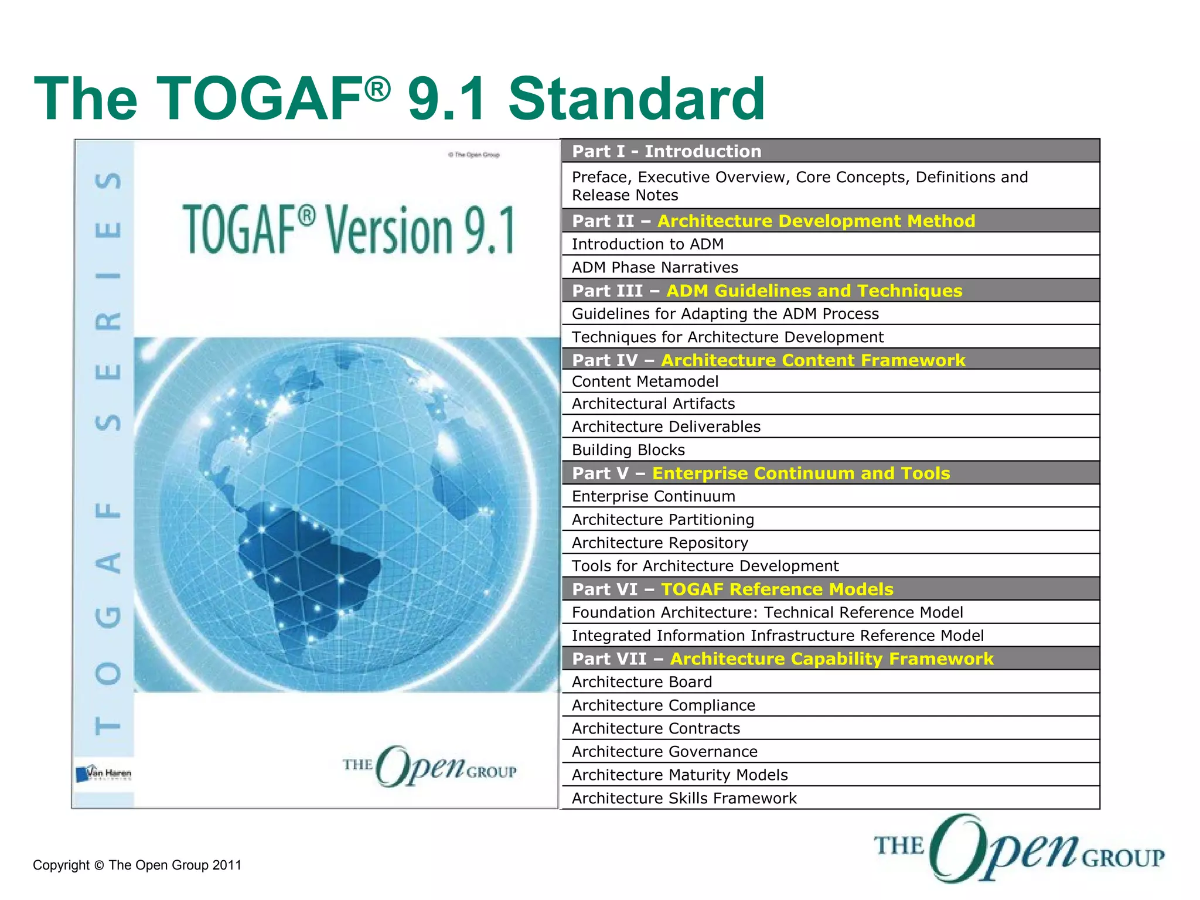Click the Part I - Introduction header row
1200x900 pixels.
tap(667, 151)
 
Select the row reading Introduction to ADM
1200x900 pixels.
tap(647, 244)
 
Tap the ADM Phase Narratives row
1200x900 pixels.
tap(654, 268)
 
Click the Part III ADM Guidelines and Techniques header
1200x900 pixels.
tap(766, 291)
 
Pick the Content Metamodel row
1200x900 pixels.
tap(645, 381)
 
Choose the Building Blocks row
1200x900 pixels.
tap(628, 450)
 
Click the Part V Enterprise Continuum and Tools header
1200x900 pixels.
tap(761, 473)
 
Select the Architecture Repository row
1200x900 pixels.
tap(660, 543)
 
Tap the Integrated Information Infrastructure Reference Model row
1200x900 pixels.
tap(778, 636)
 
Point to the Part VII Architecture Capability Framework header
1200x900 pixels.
tap(782, 659)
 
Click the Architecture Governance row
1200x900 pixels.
tap(664, 752)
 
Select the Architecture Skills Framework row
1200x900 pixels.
tap(684, 799)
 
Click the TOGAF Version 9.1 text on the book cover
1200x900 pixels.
tap(349, 230)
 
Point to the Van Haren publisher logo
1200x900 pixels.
tap(104, 773)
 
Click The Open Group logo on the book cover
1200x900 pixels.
tap(429, 766)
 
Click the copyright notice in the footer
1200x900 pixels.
tap(137, 865)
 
